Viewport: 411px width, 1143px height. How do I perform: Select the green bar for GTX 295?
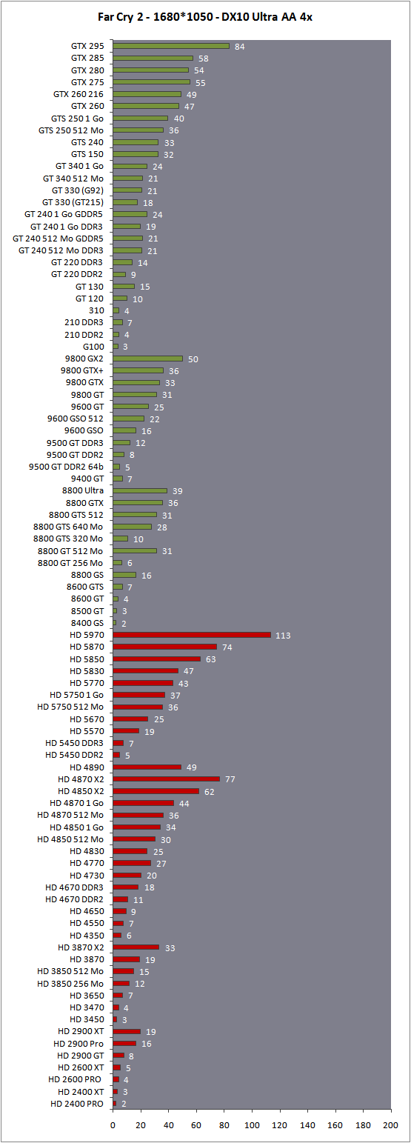[171, 46]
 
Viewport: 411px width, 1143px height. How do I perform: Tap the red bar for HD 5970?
[192, 635]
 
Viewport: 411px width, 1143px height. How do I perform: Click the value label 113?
[283, 636]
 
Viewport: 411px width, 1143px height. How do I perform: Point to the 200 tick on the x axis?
[390, 1124]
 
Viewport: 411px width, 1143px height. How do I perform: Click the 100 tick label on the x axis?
[252, 1124]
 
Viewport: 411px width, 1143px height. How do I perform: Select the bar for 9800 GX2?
[148, 359]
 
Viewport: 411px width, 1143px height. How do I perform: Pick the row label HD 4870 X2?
[81, 779]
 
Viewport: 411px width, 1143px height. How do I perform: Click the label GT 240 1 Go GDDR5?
[64, 214]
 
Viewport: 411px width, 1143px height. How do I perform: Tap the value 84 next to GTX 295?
[240, 47]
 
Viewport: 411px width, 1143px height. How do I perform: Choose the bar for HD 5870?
[164, 647]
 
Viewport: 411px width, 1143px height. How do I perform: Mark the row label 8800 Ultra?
[83, 490]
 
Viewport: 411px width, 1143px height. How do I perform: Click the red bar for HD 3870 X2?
[136, 947]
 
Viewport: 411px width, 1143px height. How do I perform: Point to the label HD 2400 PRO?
[77, 1104]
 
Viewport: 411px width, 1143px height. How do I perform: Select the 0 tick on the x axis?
[113, 1124]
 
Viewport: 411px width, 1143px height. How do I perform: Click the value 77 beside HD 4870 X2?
[230, 779]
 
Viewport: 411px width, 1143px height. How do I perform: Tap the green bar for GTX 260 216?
[147, 94]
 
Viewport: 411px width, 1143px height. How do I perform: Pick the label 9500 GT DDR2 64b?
[66, 467]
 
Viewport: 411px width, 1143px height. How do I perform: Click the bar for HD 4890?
[147, 767]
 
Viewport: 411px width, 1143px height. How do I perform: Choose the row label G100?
[93, 347]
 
